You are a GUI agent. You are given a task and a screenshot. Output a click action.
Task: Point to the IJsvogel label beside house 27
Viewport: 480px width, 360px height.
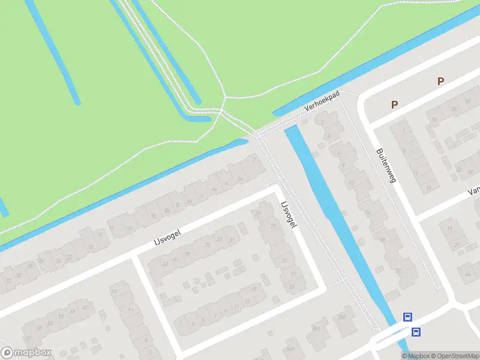click(289, 214)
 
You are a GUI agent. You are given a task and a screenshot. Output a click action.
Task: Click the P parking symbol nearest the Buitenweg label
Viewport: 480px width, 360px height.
click(394, 104)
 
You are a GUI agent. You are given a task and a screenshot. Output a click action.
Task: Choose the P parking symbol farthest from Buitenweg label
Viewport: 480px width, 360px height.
click(440, 81)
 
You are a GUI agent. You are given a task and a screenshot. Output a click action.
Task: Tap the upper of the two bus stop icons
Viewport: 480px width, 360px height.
click(408, 317)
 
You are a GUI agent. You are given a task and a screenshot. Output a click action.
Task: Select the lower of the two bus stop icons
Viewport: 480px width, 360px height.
click(415, 331)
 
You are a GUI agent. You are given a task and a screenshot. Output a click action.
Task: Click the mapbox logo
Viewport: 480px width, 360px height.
click(26, 353)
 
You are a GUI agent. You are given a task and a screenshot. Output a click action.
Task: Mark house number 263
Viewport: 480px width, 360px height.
click(341, 317)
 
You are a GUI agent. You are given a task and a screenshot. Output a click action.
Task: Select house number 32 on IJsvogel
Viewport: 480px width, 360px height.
click(7, 280)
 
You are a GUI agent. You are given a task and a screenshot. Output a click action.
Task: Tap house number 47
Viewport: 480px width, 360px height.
click(84, 307)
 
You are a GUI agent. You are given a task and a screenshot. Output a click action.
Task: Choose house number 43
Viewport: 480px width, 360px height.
click(176, 260)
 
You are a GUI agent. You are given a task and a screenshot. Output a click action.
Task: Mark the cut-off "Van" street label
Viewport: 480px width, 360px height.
click(473, 191)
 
